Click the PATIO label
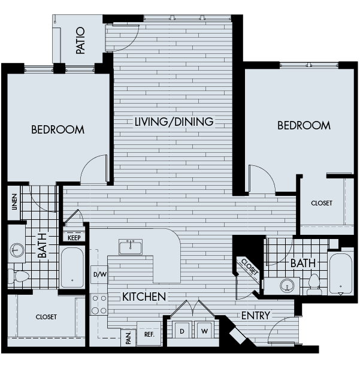(80, 40)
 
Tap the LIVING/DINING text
(174, 122)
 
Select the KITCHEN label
(144, 297)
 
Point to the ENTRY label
(256, 316)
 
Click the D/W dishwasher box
(99, 274)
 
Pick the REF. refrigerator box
(149, 334)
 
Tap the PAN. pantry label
(128, 338)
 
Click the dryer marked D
(182, 330)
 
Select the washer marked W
(204, 330)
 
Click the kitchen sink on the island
(131, 247)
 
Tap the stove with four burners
(99, 304)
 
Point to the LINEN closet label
(14, 202)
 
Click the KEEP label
(74, 238)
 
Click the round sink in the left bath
(17, 250)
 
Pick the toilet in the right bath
(314, 285)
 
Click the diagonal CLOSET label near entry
(250, 267)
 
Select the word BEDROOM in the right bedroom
(304, 126)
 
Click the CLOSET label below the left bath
(46, 317)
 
